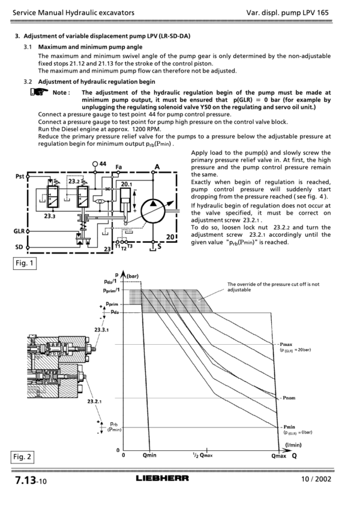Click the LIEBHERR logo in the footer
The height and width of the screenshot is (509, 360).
163,478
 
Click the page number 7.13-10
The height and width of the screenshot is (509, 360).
31,480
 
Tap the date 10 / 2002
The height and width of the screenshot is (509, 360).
316,479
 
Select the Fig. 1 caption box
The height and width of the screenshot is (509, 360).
25,263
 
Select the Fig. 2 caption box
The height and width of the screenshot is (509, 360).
22,457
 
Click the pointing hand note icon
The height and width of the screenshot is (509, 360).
39,92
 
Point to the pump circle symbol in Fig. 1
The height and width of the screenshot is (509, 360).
153,210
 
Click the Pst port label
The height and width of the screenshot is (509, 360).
20,176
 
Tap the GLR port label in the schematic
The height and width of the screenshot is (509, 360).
19,231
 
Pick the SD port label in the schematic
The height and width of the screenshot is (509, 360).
19,247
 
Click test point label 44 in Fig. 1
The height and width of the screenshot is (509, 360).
103,164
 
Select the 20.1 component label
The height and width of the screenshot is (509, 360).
127,185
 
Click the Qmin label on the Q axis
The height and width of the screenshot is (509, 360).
149,455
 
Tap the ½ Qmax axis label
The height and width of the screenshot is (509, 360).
202,455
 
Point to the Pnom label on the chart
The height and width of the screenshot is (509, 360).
289,397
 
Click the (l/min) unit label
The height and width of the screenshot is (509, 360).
293,445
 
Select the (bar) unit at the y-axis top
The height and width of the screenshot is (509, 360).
132,276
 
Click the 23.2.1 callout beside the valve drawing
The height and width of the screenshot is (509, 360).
94,401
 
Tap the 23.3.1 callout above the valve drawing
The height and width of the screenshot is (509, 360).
101,330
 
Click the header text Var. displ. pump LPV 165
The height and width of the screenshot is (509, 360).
287,13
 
